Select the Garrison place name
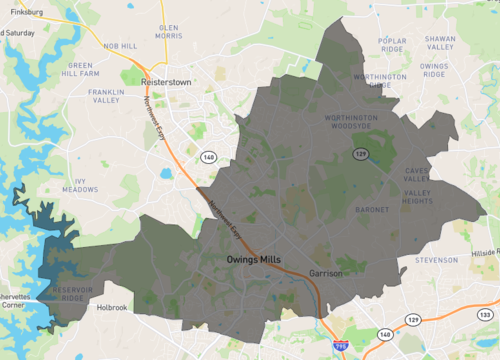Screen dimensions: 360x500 pyautogui.click(x=326, y=272)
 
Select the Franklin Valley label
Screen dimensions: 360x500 pyautogui.click(x=106, y=96)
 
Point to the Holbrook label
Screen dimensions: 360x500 pyautogui.click(x=109, y=308)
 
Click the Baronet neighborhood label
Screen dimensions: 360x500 pyautogui.click(x=372, y=210)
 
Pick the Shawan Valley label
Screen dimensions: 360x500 pyautogui.click(x=440, y=42)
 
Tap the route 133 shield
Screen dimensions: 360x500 pyautogui.click(x=485, y=317)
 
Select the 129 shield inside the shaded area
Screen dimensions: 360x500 pyautogui.click(x=360, y=153)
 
